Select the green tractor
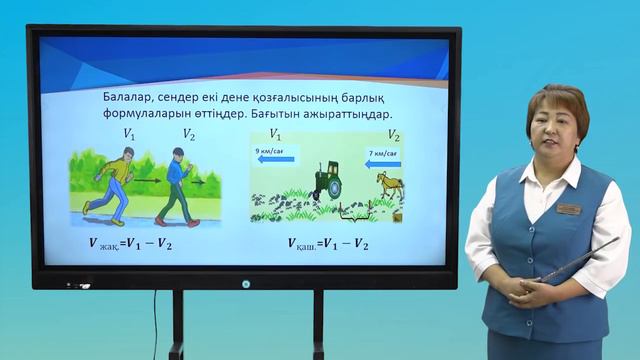tap(326, 181)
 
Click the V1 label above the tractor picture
tap(274, 135)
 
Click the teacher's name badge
tap(569, 210)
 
